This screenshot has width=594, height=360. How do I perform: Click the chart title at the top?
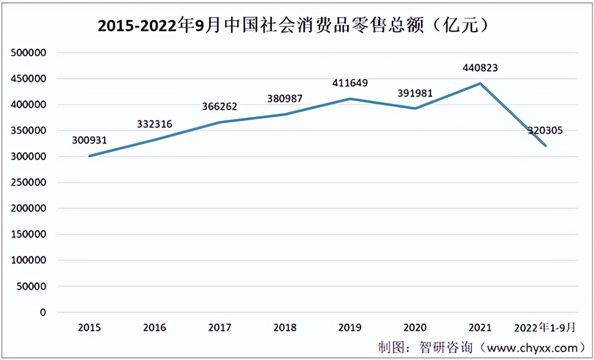point(293,25)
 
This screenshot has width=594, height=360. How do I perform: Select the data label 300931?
point(89,141)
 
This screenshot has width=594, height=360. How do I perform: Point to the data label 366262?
point(220,107)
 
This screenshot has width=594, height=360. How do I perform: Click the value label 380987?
point(285,99)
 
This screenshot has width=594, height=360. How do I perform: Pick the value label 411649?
point(350,83)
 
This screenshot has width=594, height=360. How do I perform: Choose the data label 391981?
point(415,93)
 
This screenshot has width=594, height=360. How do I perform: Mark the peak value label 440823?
point(480,68)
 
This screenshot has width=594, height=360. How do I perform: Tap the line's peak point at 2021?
point(480,83)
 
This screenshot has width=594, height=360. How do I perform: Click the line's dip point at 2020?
point(415,108)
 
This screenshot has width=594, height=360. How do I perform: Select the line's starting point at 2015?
point(89,156)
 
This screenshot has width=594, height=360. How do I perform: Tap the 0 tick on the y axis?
point(43,312)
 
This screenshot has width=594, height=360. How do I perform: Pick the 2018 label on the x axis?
point(285,328)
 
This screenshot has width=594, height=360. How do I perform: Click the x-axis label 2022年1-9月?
point(545,328)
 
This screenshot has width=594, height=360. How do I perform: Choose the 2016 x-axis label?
point(154,328)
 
